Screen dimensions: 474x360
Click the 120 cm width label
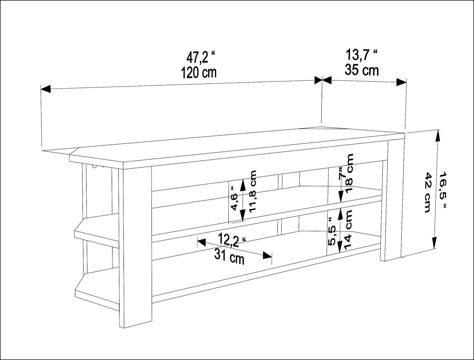pos(198,73)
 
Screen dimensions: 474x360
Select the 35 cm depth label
pos(362,70)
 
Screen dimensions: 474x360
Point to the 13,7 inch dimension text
pos(362,55)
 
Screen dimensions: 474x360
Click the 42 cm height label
pos(428,192)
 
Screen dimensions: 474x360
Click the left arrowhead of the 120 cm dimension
pos(46,89)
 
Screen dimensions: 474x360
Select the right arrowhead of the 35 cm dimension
pos(402,82)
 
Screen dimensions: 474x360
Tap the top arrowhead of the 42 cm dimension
pos(438,136)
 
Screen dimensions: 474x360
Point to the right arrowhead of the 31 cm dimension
pos(267,255)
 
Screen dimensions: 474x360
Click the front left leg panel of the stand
pos(135,243)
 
